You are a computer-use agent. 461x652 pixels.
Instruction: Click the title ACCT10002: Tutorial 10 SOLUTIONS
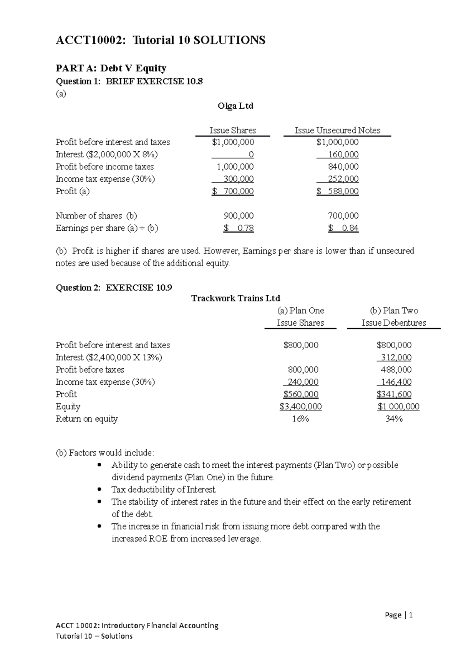(x=160, y=40)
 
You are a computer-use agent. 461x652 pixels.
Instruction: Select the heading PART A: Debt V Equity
(x=111, y=68)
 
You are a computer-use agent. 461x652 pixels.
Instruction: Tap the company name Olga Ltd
(x=235, y=106)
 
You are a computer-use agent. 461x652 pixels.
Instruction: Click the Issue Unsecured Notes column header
(x=337, y=131)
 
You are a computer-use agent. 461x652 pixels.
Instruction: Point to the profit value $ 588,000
(x=338, y=191)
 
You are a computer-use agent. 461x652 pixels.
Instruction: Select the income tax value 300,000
(x=239, y=179)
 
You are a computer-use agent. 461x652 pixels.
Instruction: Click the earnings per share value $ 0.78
(x=239, y=228)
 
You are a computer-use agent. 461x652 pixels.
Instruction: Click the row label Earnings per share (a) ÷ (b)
(x=107, y=228)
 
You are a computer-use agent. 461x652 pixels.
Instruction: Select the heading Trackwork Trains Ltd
(x=235, y=298)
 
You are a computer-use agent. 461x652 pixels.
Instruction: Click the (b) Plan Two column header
(x=394, y=311)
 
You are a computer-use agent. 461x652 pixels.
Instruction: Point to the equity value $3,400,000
(x=301, y=407)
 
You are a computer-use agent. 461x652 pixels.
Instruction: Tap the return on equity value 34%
(x=394, y=419)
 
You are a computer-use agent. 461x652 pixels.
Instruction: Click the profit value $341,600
(x=394, y=394)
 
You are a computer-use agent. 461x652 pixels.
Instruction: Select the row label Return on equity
(x=86, y=419)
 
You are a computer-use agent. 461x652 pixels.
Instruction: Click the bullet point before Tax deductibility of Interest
(x=99, y=490)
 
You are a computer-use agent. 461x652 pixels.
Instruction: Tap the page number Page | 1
(x=399, y=615)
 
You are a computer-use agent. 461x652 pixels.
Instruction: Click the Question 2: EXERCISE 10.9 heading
(x=114, y=288)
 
